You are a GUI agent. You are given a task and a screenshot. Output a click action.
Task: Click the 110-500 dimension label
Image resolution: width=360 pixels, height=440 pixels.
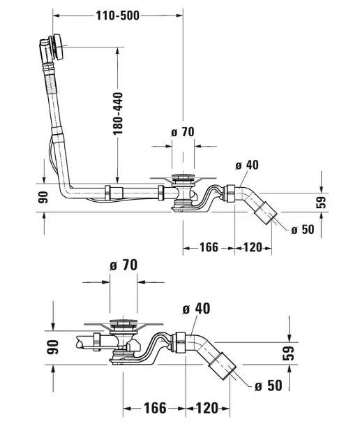point(118,15)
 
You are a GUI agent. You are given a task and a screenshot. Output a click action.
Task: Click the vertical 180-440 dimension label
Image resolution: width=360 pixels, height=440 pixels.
point(118,113)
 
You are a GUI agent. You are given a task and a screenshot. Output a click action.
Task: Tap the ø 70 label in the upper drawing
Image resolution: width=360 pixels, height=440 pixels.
point(183,132)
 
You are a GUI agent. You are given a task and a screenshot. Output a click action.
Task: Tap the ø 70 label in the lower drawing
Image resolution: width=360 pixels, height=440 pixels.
point(123,265)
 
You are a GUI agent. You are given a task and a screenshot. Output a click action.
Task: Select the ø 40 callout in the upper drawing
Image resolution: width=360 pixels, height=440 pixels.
point(247,165)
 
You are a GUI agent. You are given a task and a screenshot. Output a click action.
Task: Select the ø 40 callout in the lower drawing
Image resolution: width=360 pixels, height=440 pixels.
point(196,309)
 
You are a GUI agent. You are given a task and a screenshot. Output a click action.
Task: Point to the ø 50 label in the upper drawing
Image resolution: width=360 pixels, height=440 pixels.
point(303,230)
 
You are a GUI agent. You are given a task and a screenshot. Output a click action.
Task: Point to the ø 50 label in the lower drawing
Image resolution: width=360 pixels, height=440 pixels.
point(269,386)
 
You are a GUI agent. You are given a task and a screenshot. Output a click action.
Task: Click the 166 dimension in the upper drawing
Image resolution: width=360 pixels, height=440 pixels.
point(209,247)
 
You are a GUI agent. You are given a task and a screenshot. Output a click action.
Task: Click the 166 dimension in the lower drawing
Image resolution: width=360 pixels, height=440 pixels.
point(155,408)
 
